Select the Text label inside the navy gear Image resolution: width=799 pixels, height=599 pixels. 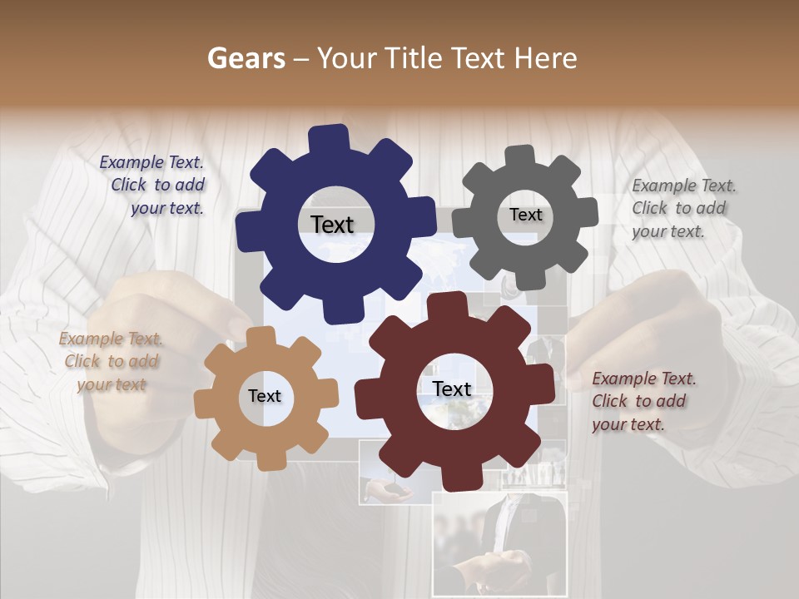pos(332,225)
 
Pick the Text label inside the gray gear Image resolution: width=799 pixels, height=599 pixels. pos(525,215)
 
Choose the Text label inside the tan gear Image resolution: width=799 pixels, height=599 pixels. pos(265,396)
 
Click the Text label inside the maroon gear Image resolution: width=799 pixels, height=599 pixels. pos(452,389)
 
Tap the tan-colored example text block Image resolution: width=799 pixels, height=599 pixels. pos(112,362)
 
